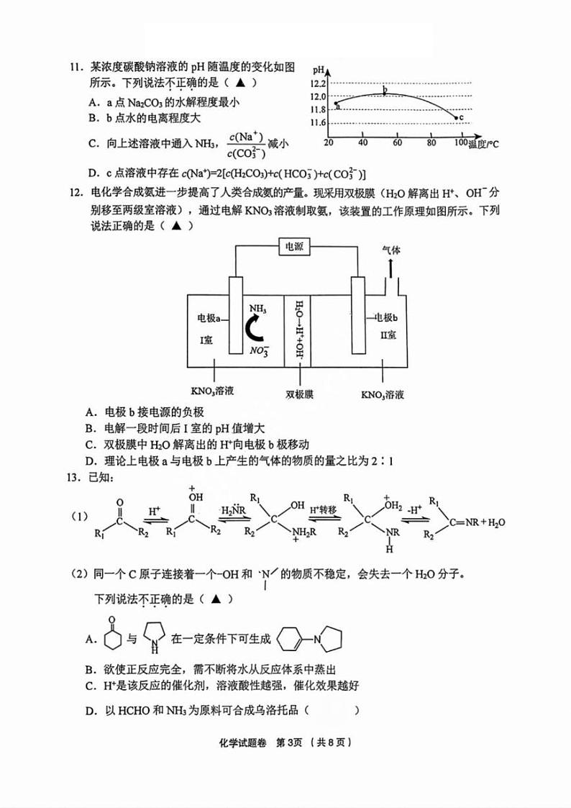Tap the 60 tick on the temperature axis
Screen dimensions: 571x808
(x=397, y=142)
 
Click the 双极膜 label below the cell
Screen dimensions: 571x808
(x=297, y=394)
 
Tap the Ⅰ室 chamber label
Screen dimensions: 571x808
(x=206, y=336)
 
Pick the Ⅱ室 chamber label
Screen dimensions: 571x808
(x=388, y=335)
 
